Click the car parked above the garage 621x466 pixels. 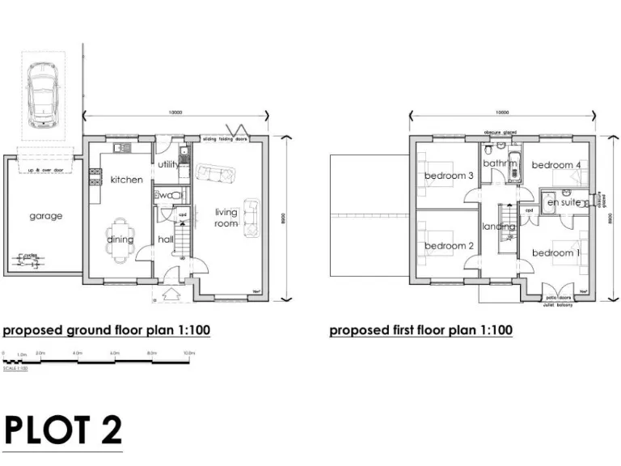41,93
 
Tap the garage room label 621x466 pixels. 46,216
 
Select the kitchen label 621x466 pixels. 126,180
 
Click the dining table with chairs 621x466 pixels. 121,239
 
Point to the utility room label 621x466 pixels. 168,164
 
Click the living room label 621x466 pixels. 226,218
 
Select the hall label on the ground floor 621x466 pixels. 166,239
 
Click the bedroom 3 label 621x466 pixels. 449,176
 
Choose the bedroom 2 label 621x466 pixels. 449,246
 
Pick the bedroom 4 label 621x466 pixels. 556,165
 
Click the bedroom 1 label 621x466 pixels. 556,253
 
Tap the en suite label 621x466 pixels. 564,202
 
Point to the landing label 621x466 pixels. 499,227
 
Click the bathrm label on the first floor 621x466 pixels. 500,163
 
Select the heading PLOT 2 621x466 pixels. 63,430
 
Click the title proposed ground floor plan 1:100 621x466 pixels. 107,330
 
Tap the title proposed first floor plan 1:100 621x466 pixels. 420,330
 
